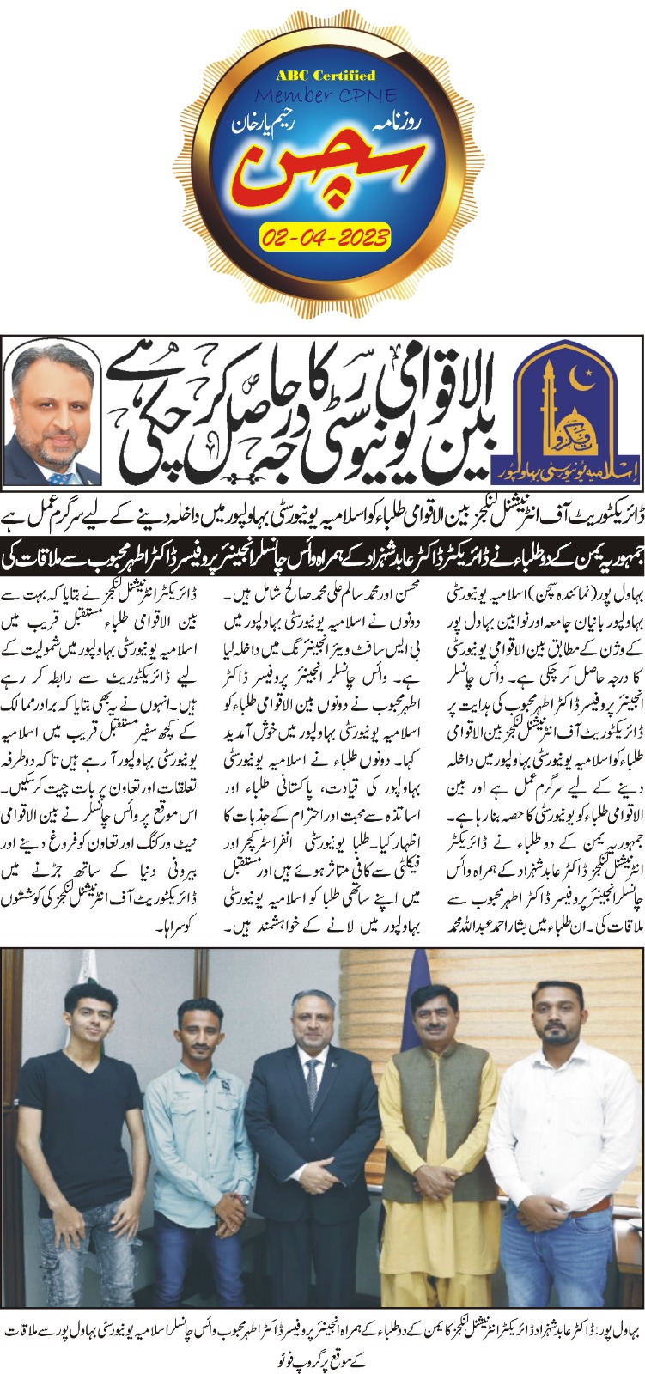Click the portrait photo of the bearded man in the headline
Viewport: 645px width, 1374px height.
53,416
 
